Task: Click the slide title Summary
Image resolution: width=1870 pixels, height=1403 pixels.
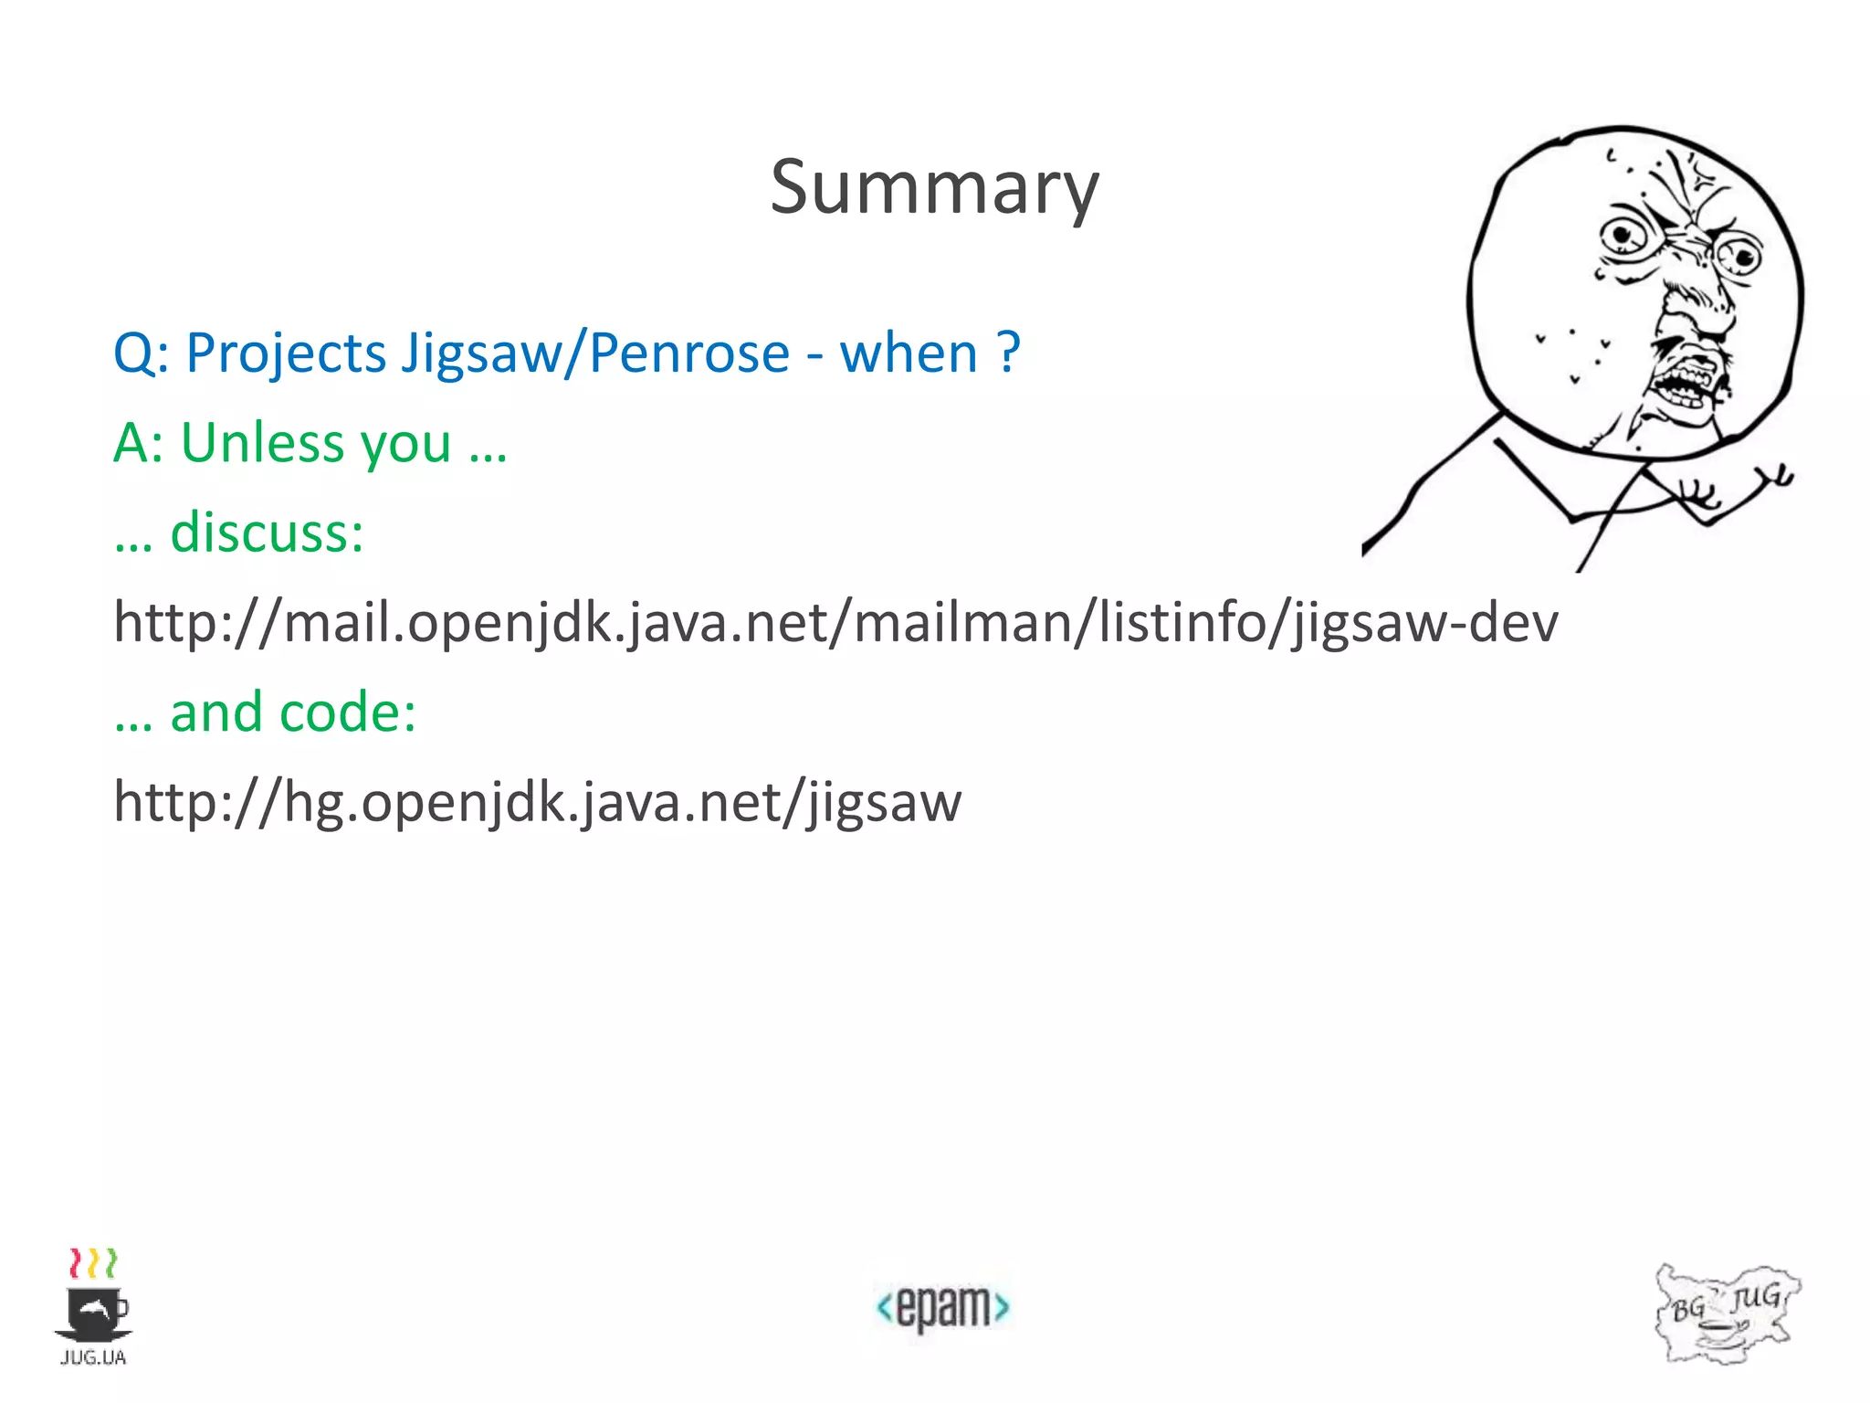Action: [934, 187]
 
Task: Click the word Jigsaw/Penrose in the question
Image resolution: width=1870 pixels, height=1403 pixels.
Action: [595, 353]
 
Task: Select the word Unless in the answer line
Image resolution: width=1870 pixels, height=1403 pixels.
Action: [263, 443]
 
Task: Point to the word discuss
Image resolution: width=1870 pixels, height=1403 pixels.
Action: [266, 533]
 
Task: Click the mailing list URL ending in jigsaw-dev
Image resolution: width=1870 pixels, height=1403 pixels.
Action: [835, 623]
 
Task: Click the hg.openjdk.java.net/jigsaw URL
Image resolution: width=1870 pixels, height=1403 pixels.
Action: [537, 802]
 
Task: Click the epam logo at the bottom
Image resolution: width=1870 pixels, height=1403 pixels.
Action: [943, 1307]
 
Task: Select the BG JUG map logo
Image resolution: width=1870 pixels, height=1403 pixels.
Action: [1726, 1313]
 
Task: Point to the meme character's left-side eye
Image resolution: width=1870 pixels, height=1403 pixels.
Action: [1624, 236]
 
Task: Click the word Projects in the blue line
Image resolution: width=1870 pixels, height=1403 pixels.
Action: [286, 353]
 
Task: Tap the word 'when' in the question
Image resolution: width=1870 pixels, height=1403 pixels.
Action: [909, 353]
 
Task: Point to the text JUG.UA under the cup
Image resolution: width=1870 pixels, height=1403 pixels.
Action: [93, 1357]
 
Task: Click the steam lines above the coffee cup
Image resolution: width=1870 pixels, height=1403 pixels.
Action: [93, 1264]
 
